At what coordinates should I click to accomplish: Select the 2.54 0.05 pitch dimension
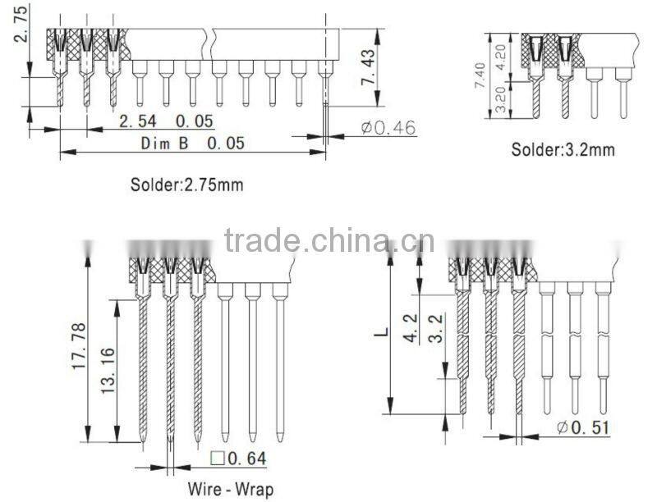coord(167,121)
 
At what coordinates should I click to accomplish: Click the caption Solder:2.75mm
coord(186,185)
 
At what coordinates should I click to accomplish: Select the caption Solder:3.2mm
coord(563,149)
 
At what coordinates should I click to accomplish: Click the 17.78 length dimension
coord(79,345)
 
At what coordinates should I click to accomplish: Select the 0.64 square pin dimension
coord(247,459)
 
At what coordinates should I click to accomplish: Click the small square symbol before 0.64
coord(218,458)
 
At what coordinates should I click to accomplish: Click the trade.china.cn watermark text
coord(329,241)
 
